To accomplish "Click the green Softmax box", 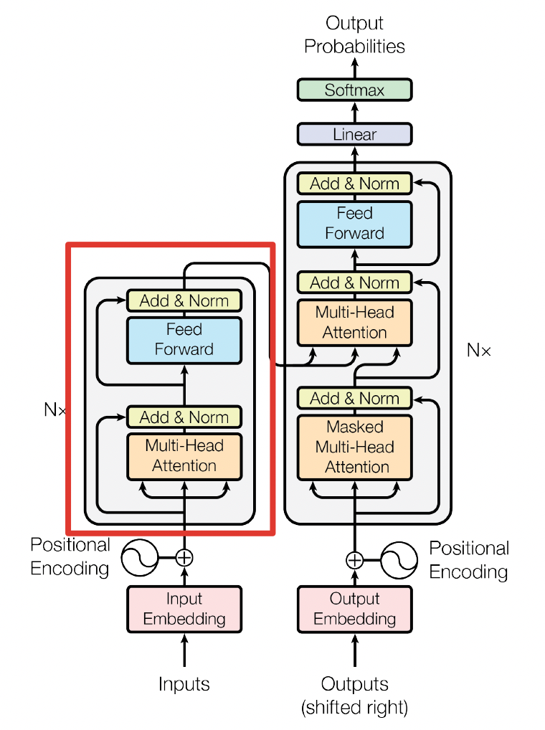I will point(354,90).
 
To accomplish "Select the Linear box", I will point(354,134).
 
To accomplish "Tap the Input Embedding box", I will point(184,608).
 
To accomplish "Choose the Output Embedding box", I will point(354,608).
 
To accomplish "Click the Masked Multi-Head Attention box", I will point(354,447).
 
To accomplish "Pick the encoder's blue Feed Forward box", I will point(184,339).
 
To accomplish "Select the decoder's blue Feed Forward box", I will point(354,223).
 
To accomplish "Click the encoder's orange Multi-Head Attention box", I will point(184,455).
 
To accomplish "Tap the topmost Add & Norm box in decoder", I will point(354,184).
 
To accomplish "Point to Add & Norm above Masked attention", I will point(354,398).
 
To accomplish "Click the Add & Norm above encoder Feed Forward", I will point(184,300).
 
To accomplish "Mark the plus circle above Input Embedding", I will point(185,557).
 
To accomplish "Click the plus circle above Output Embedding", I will point(354,560).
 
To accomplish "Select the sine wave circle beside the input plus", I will point(139,557).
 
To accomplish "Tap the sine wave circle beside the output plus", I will point(399,560).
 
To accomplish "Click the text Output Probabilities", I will point(354,35).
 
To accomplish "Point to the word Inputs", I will point(184,684).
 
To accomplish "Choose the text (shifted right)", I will point(354,708).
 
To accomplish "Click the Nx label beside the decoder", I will point(479,351).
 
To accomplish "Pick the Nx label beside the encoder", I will point(55,410).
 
